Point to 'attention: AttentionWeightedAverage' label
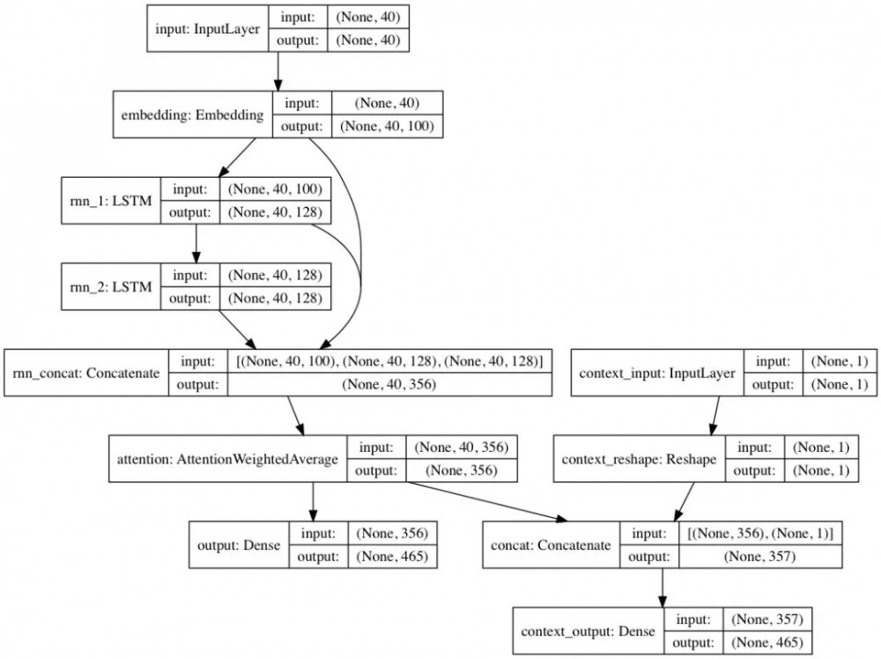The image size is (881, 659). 228,459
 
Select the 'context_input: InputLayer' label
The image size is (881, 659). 658,373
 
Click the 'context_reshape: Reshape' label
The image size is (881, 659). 638,459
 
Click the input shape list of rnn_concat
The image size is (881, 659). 389,360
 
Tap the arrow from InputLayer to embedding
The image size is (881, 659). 278,70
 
